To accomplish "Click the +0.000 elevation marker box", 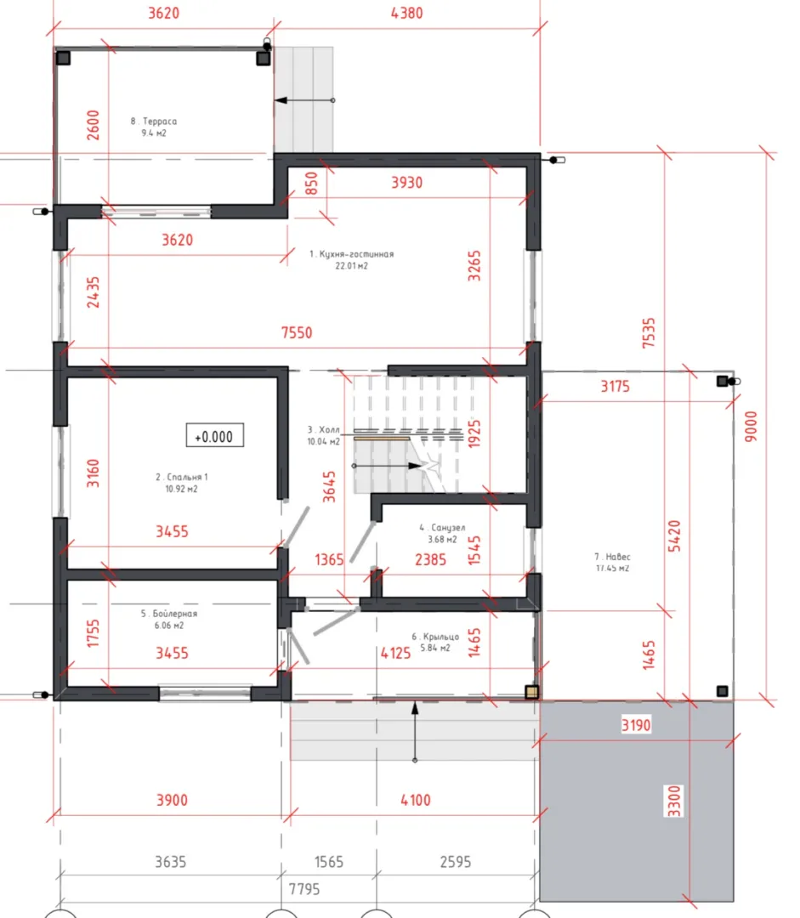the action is click(215, 435).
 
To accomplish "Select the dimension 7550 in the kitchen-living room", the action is click(297, 332).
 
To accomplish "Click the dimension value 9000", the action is click(751, 426).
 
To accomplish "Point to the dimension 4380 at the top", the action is click(407, 12).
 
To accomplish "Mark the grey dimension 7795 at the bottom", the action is click(304, 889).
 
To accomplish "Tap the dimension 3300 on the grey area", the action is click(675, 801).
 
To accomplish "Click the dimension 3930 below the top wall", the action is click(407, 182).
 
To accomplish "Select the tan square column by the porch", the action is click(531, 692).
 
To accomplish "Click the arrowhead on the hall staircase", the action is click(415, 466).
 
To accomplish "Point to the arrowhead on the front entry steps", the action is click(415, 708).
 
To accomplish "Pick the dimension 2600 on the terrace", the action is click(93, 125).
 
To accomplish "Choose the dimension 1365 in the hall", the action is click(329, 559).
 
